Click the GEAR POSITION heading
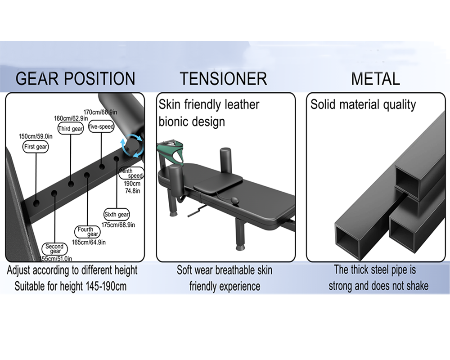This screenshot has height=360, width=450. coord(75,79)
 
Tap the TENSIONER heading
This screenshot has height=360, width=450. coord(224,79)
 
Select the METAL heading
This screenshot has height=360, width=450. coord(375,79)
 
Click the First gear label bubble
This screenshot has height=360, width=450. coord(35,147)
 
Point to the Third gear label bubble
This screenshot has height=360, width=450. coord(71,129)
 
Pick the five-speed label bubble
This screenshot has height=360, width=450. coord(101,127)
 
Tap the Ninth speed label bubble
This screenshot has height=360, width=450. coord(131,173)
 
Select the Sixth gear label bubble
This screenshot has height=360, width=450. coord(117,215)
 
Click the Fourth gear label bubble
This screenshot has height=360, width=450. coord(87,232)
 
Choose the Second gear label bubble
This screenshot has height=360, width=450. coord(55,249)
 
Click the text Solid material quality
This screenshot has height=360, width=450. coord(363,104)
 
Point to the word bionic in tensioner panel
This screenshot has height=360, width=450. coord(174,121)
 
